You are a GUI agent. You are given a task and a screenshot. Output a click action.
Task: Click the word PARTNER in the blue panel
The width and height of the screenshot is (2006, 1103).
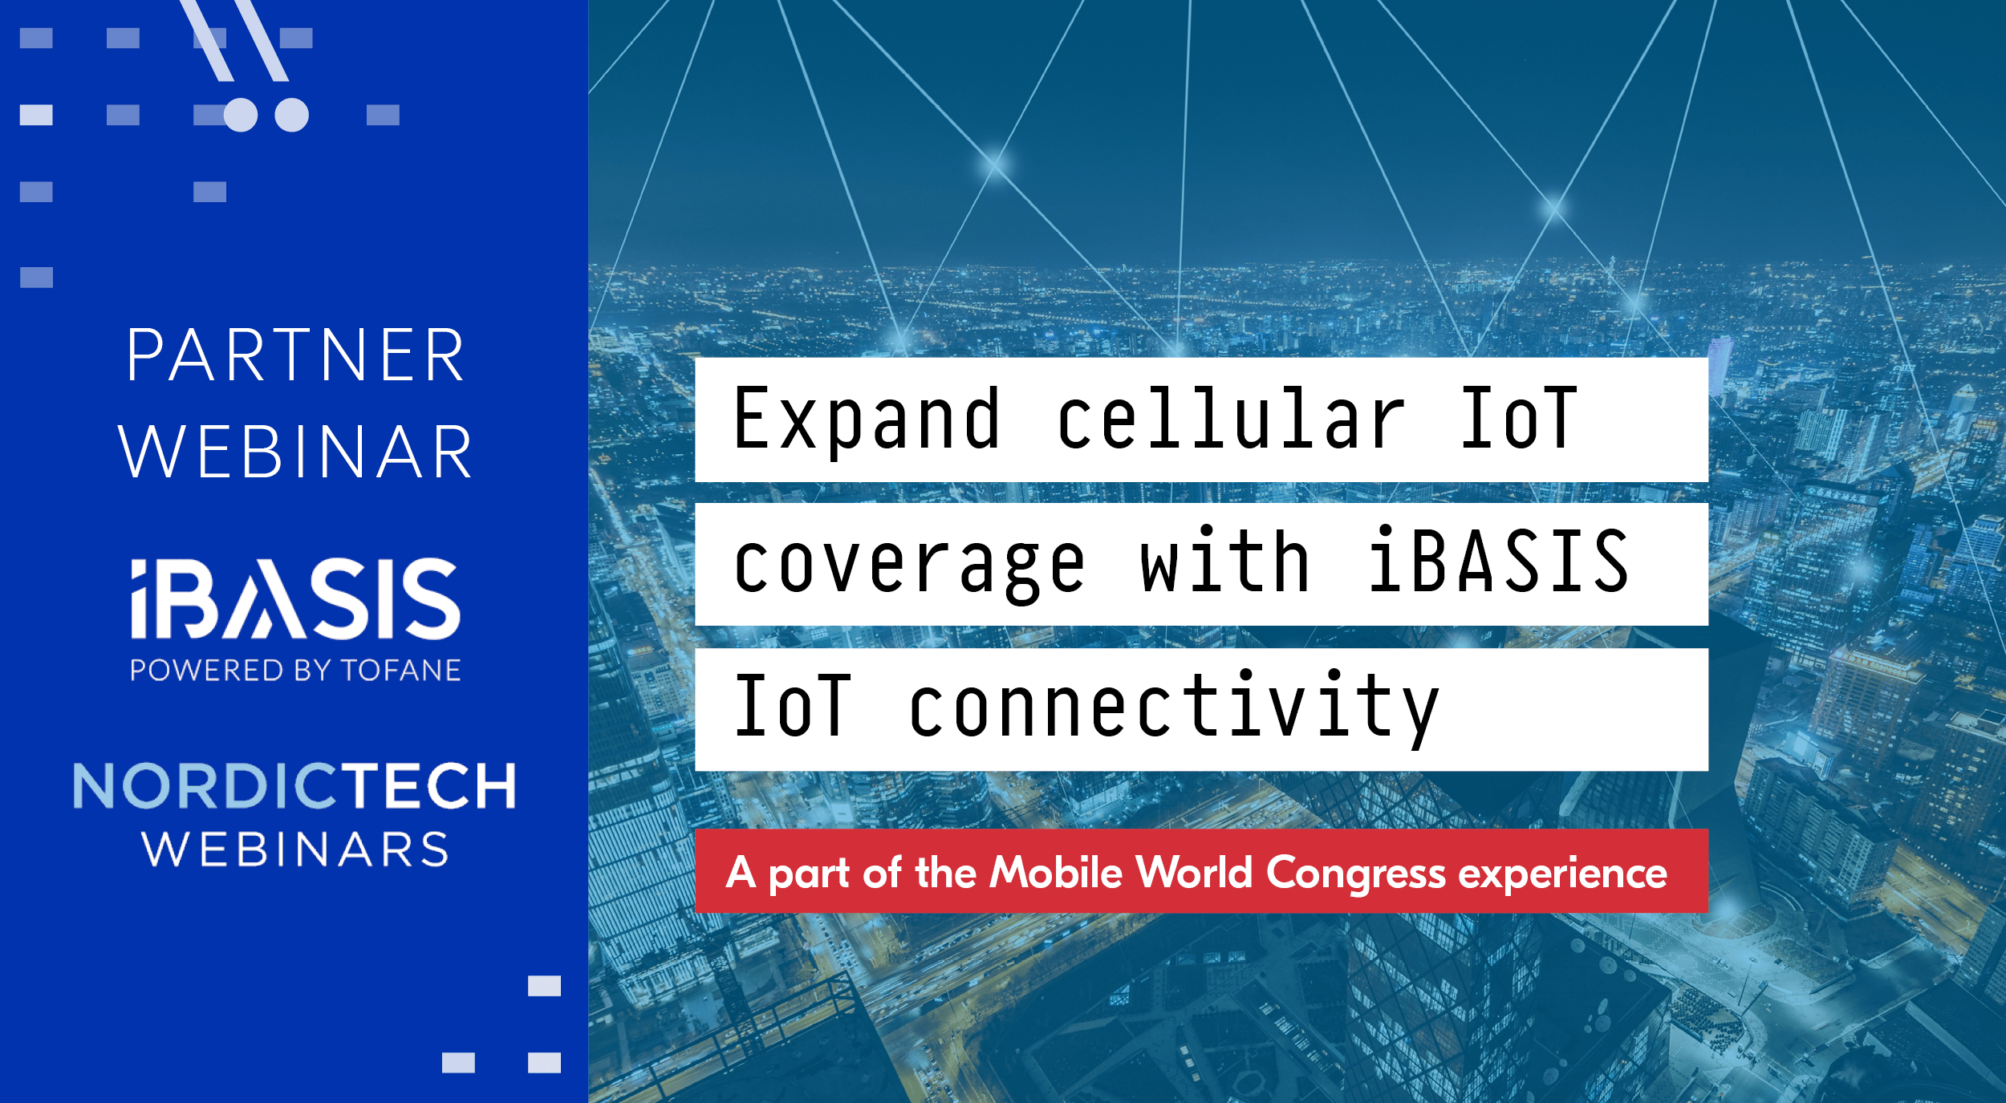pyautogui.click(x=295, y=355)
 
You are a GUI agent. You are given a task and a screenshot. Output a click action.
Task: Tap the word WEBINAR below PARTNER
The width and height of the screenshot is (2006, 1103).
pyautogui.click(x=295, y=453)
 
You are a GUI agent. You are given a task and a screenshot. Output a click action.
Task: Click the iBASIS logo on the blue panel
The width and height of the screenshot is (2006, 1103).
pyautogui.click(x=295, y=598)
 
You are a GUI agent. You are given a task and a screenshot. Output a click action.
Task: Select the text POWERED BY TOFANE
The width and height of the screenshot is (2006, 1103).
pyautogui.click(x=295, y=670)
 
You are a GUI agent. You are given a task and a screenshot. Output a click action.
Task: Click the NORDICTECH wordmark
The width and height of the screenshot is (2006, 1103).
pyautogui.click(x=294, y=786)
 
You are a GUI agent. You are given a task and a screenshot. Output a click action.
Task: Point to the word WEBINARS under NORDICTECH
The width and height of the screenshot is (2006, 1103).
pyautogui.click(x=295, y=849)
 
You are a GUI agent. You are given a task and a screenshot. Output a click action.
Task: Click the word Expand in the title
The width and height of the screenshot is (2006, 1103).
pyautogui.click(x=867, y=419)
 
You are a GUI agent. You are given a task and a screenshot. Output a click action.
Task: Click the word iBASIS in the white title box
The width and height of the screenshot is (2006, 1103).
pyautogui.click(x=1499, y=563)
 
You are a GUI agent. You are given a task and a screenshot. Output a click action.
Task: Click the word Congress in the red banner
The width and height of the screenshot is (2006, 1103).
pyautogui.click(x=1355, y=874)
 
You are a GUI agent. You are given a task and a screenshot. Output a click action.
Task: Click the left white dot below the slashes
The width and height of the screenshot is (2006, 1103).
pyautogui.click(x=241, y=115)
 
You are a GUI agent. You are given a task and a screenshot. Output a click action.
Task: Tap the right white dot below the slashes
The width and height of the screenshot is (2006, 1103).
pyautogui.click(x=291, y=115)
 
